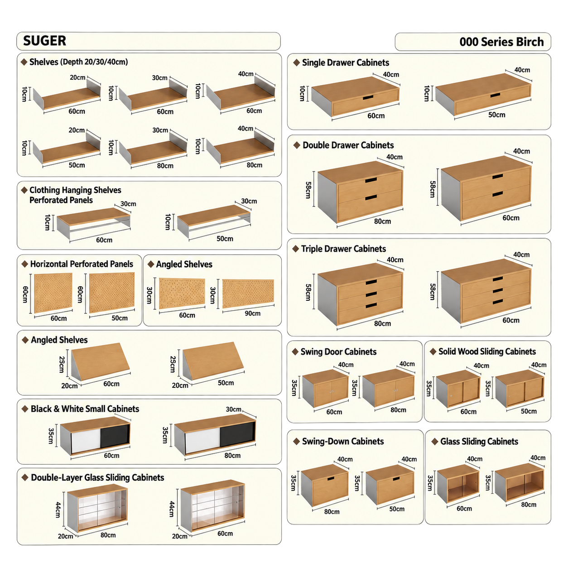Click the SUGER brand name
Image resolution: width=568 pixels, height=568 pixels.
tap(44, 41)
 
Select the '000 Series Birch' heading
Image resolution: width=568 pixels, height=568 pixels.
tap(501, 42)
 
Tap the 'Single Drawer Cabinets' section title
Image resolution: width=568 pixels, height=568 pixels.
tap(346, 63)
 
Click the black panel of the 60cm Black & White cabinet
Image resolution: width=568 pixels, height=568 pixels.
tap(115, 436)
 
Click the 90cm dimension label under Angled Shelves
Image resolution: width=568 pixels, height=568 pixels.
tap(253, 313)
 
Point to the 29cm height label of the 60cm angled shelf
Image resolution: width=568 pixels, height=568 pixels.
tap(62, 365)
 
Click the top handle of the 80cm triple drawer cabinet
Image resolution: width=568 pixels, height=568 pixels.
tap(371, 282)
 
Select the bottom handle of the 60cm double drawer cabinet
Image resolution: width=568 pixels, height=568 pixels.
tap(497, 194)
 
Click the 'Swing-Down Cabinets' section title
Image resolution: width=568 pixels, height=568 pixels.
tap(343, 441)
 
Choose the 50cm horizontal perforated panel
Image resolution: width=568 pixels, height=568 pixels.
tap(112, 292)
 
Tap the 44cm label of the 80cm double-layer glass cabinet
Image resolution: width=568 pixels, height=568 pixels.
tap(58, 510)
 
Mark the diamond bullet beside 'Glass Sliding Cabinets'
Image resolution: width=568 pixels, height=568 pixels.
tap(434, 441)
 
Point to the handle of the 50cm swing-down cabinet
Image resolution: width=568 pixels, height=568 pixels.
tap(396, 478)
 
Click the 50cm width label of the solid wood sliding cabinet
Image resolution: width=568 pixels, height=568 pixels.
tap(529, 411)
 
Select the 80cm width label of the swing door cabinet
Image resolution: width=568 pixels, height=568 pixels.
tap(398, 410)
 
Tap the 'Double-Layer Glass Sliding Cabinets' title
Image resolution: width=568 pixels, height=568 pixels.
tap(97, 477)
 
